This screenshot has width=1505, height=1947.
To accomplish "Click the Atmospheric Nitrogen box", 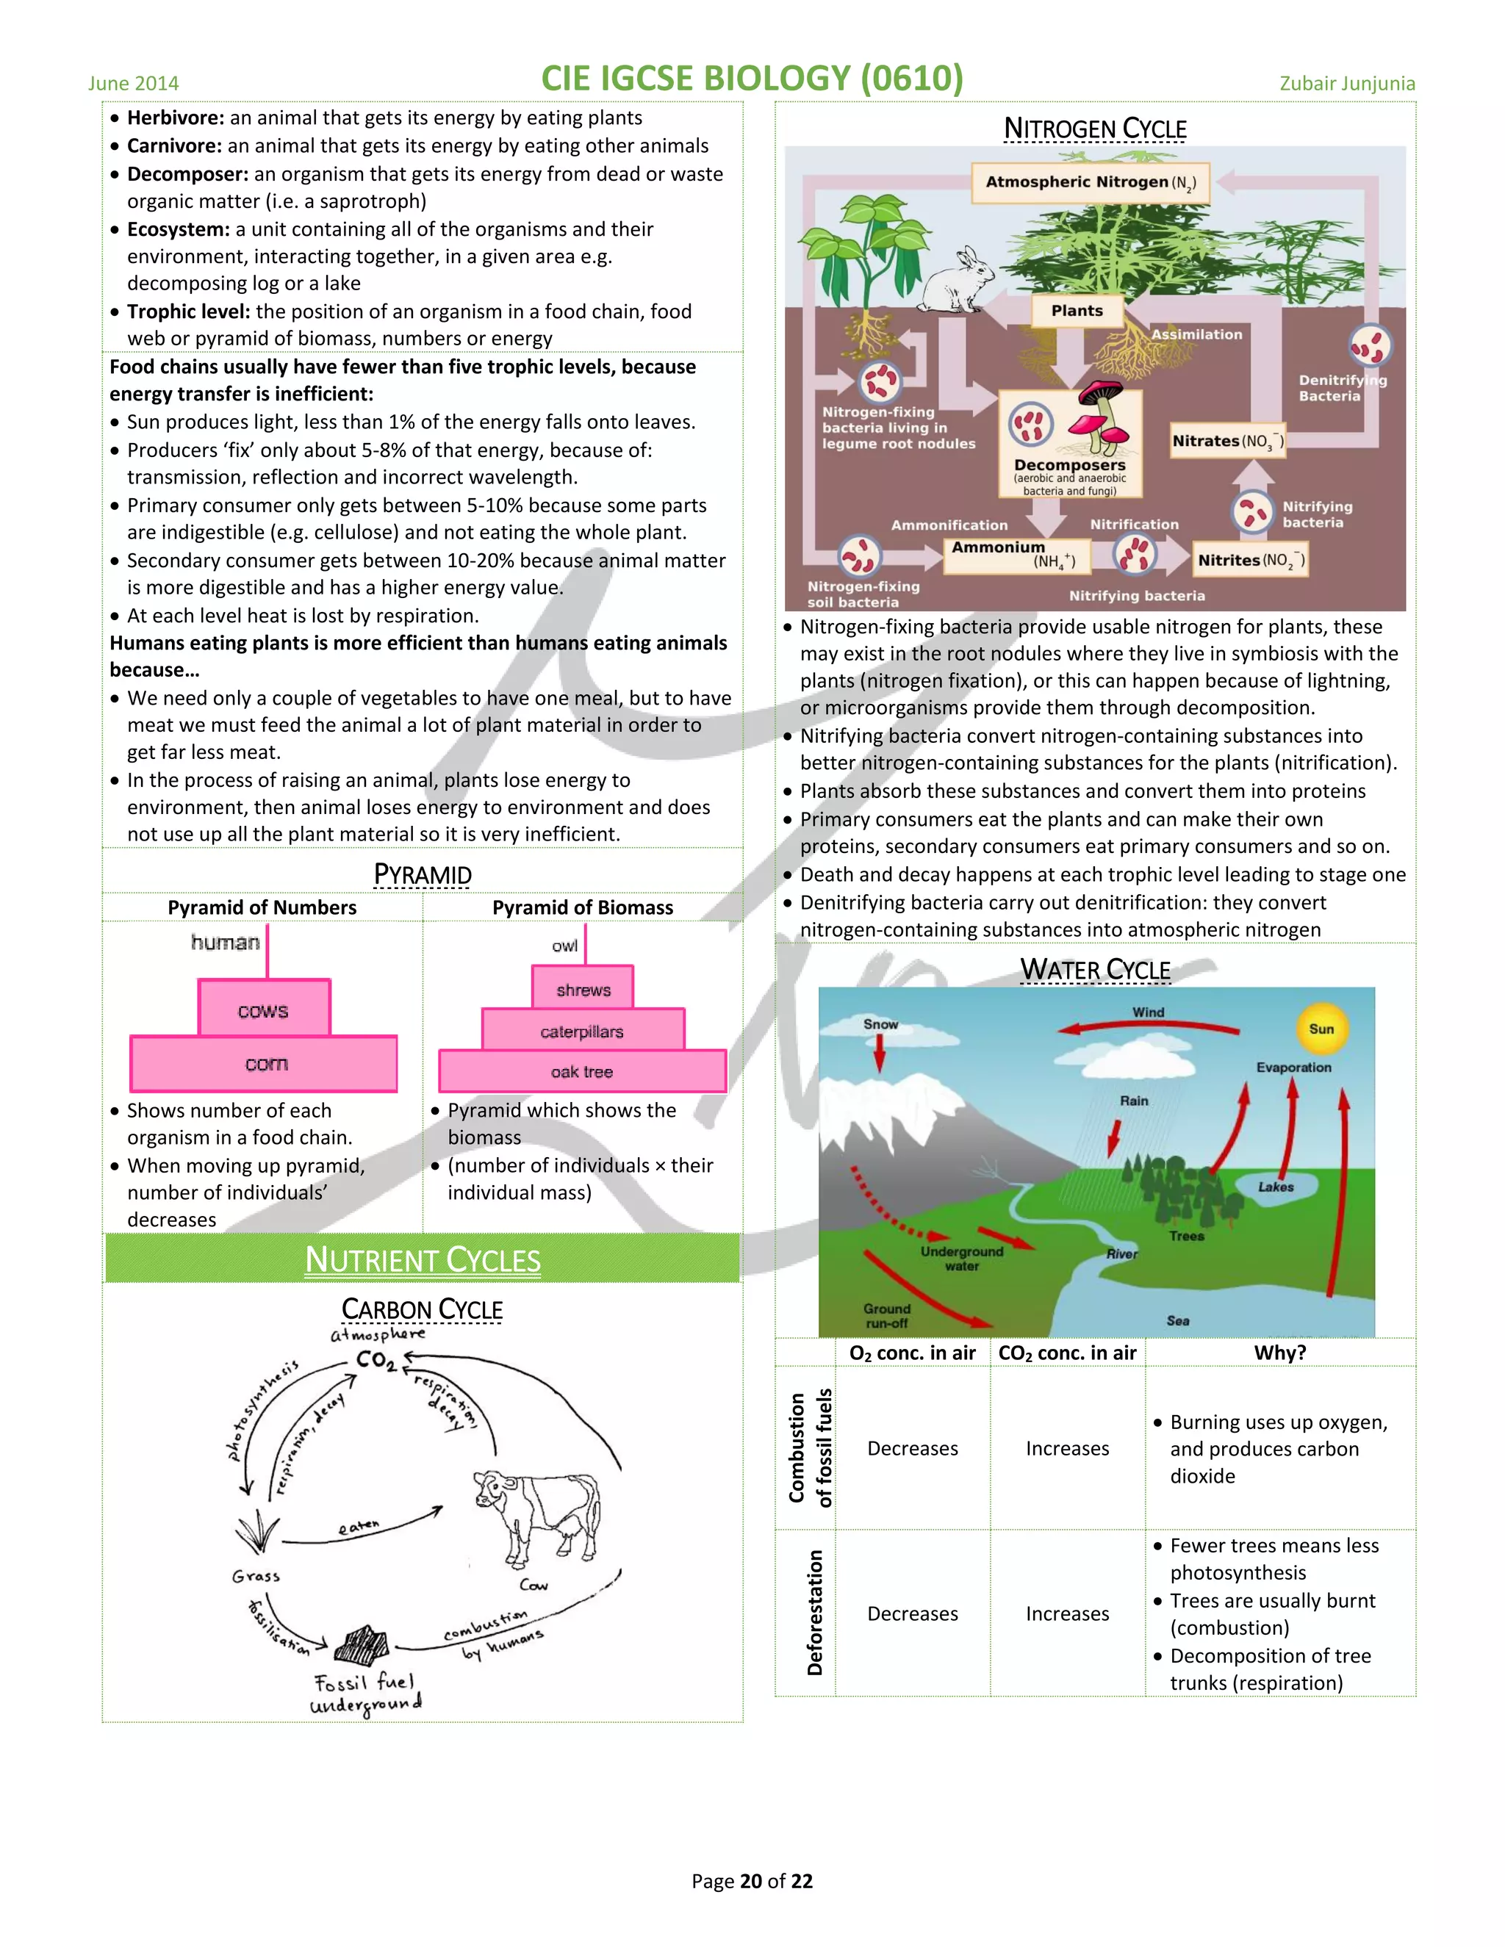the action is coord(1091,183).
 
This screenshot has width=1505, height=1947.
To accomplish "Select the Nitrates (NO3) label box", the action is coord(1228,442).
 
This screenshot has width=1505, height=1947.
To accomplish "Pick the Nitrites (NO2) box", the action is coord(1250,561).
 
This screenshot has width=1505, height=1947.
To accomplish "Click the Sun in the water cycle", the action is coord(1321,1029).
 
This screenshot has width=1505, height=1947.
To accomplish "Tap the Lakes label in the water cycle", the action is coord(1275,1187).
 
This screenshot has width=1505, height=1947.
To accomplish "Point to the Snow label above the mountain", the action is coord(880,1024).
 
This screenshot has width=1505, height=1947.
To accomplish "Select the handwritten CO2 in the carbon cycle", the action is coord(376,1361).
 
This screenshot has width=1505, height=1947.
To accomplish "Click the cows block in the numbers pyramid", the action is coord(264,1010).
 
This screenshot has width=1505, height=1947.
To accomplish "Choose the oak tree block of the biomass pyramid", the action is coord(582,1071).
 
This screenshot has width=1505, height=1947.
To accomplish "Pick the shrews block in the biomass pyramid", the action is coord(583,990).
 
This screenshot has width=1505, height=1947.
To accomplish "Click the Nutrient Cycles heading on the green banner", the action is coord(423,1259).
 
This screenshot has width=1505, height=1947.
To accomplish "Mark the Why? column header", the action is coord(1279,1353).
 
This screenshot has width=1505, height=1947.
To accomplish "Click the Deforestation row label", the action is coord(814,1613).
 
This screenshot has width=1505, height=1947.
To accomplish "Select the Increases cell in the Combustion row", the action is coord(1067,1449).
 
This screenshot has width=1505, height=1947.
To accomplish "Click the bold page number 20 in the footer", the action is coord(751,1881).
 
